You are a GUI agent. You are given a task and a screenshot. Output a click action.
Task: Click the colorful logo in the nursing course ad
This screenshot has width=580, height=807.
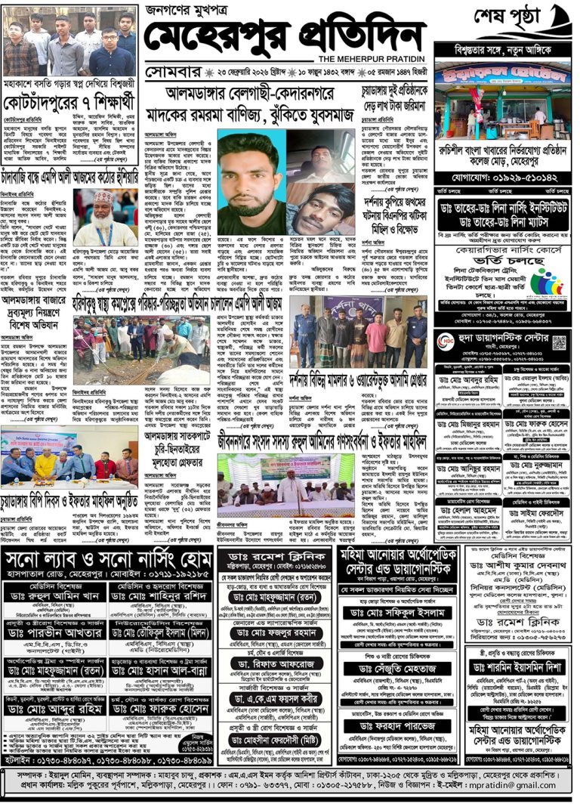pos(549,282)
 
